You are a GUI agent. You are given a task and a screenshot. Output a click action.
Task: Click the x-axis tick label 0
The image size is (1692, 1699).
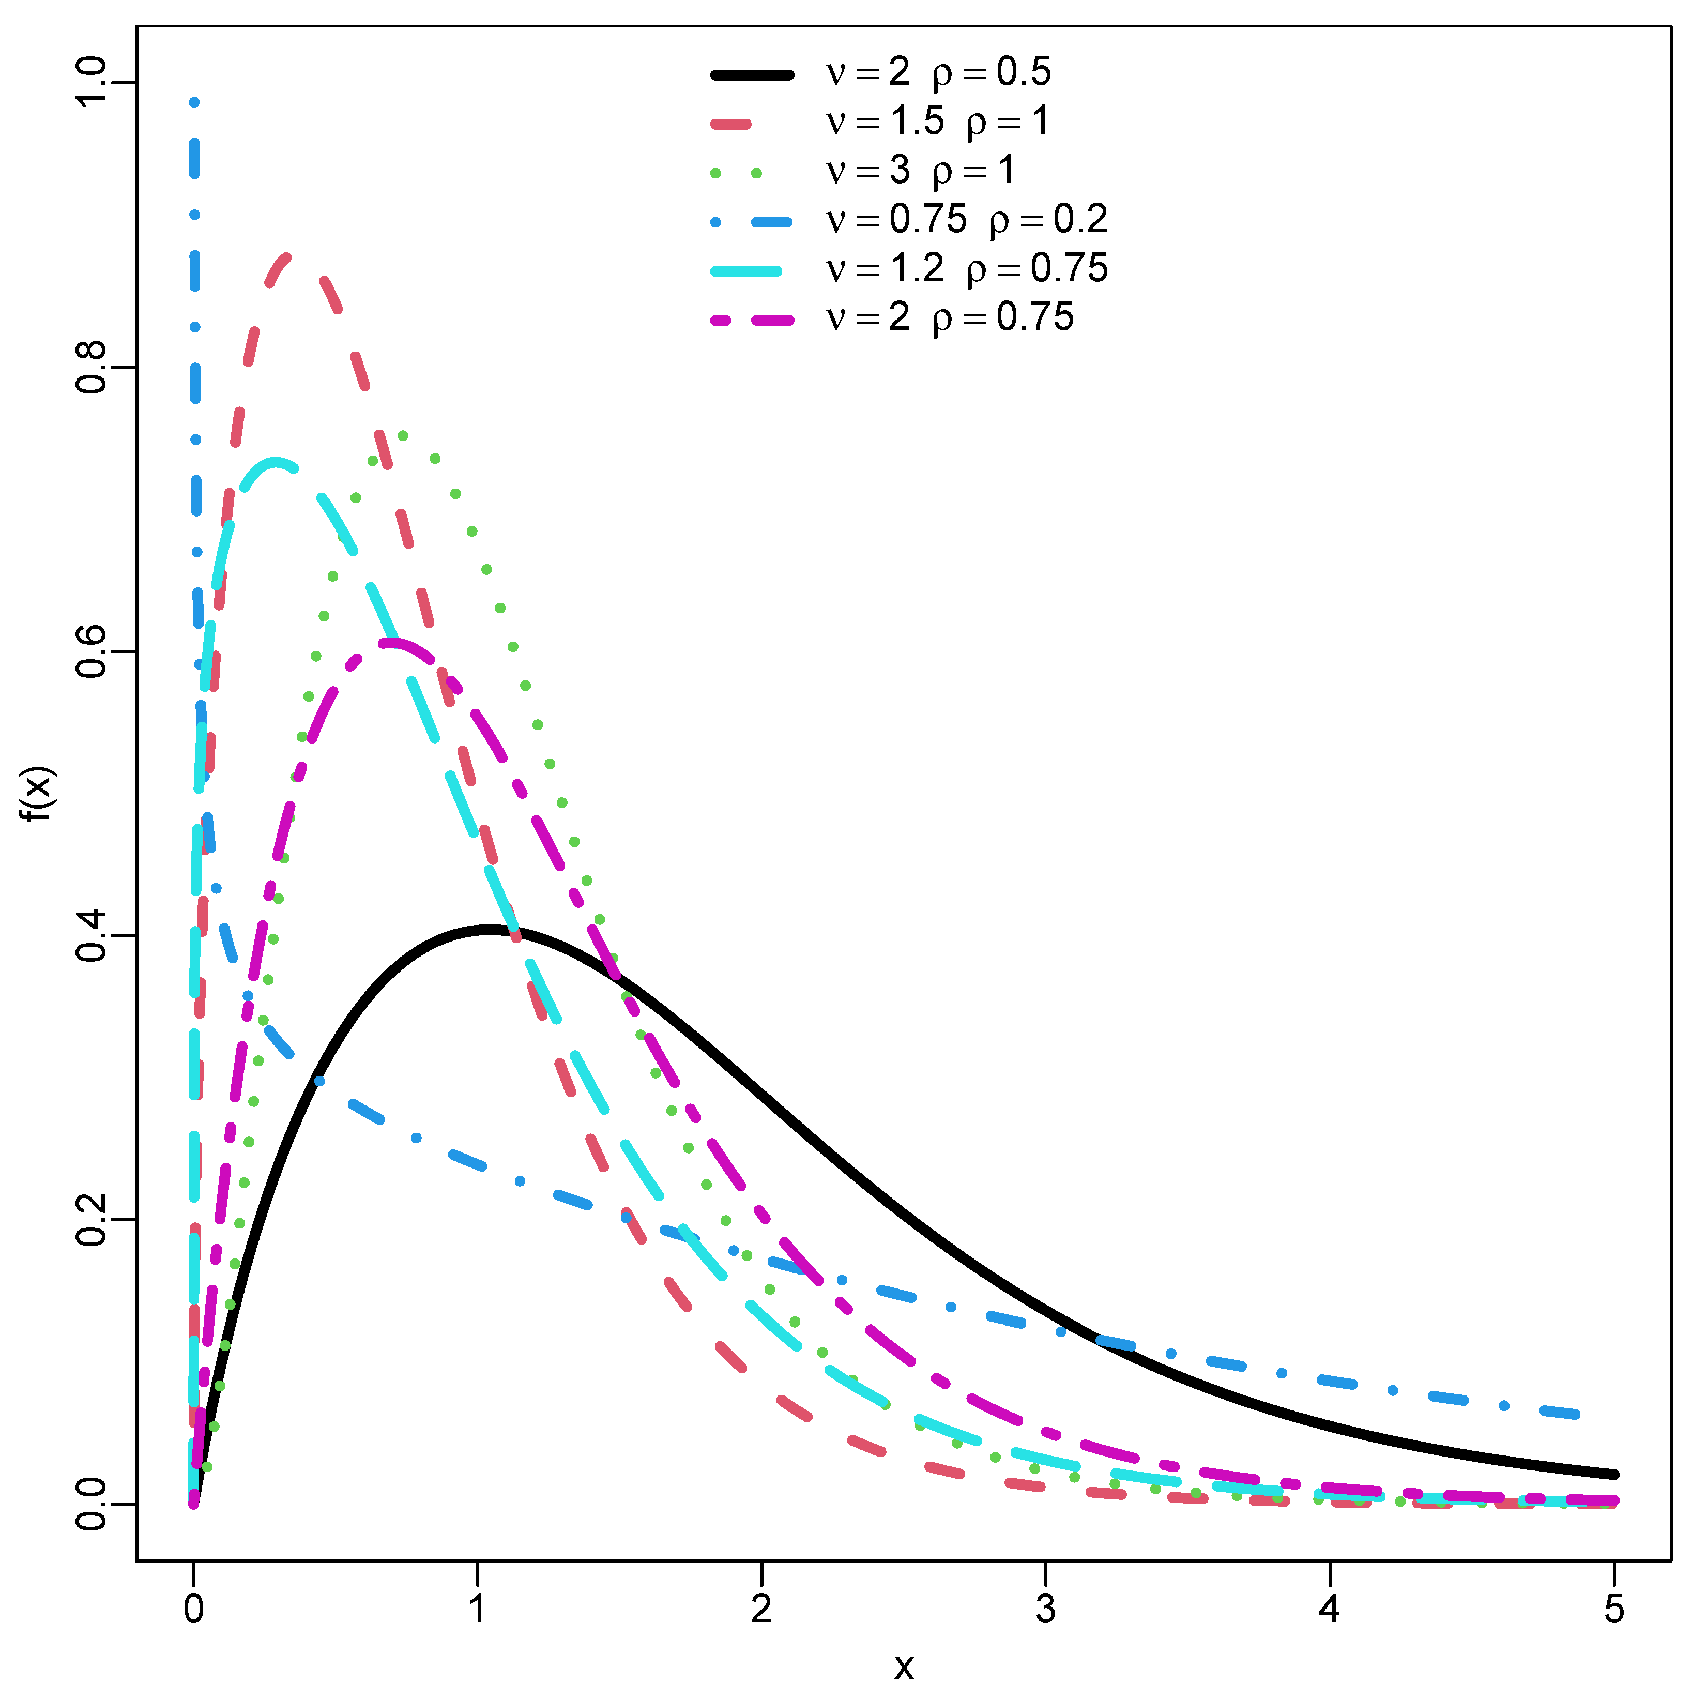(x=193, y=1610)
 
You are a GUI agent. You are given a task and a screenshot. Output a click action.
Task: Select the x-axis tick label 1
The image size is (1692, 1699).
(x=478, y=1610)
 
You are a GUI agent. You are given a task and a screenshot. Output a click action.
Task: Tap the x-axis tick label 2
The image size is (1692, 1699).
(x=761, y=1610)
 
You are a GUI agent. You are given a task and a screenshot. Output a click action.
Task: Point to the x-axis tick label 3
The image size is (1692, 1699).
(x=1046, y=1610)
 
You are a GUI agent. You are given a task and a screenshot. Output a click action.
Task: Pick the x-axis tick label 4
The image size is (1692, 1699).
(x=1330, y=1610)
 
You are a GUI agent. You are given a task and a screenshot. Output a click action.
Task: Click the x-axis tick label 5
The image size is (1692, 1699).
(x=1614, y=1610)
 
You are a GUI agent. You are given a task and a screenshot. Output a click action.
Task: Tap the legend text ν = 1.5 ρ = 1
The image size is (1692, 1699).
(x=937, y=122)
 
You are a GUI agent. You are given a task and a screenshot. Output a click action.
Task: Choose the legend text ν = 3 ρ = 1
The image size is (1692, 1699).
(x=920, y=170)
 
